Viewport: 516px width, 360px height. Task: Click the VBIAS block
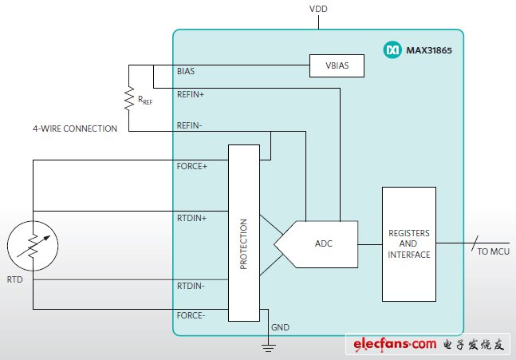[337, 66]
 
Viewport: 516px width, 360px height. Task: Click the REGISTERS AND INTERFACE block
[408, 243]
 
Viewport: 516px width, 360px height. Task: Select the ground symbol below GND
[269, 345]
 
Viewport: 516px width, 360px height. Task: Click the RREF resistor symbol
[129, 98]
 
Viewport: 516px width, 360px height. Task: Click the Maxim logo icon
[392, 50]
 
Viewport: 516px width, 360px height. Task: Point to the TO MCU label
[493, 251]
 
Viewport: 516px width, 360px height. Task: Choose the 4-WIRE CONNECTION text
[75, 129]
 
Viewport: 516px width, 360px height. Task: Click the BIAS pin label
[185, 71]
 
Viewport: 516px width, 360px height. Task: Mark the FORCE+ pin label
[191, 167]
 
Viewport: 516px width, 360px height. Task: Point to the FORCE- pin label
[191, 315]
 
